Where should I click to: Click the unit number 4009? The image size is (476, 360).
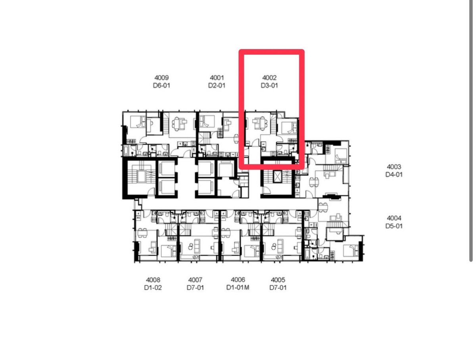coord(161,77)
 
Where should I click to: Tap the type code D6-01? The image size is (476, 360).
coord(161,85)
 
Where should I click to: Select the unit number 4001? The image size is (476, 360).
coord(217,77)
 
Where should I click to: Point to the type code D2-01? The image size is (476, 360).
coord(217,85)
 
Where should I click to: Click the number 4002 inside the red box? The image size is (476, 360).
coord(269,77)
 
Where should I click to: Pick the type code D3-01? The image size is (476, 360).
coord(269,85)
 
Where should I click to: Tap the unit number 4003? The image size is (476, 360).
coord(393,167)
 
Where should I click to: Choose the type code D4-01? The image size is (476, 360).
coord(393,175)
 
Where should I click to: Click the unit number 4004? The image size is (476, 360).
coord(393,218)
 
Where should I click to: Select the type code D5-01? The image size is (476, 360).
coord(393,226)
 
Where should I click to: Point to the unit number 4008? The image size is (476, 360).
coord(153,280)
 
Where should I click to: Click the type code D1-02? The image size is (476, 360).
coord(153,288)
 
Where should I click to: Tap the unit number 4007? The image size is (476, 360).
coord(195,280)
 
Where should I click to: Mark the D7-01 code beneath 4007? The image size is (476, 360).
coord(195,288)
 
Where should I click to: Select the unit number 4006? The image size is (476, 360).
coord(238,280)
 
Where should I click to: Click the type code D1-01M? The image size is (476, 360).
coord(238,288)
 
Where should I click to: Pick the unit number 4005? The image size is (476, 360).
coord(278,280)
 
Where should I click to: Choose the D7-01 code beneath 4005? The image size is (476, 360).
coord(278,288)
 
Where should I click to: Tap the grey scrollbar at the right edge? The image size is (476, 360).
coord(471,130)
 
